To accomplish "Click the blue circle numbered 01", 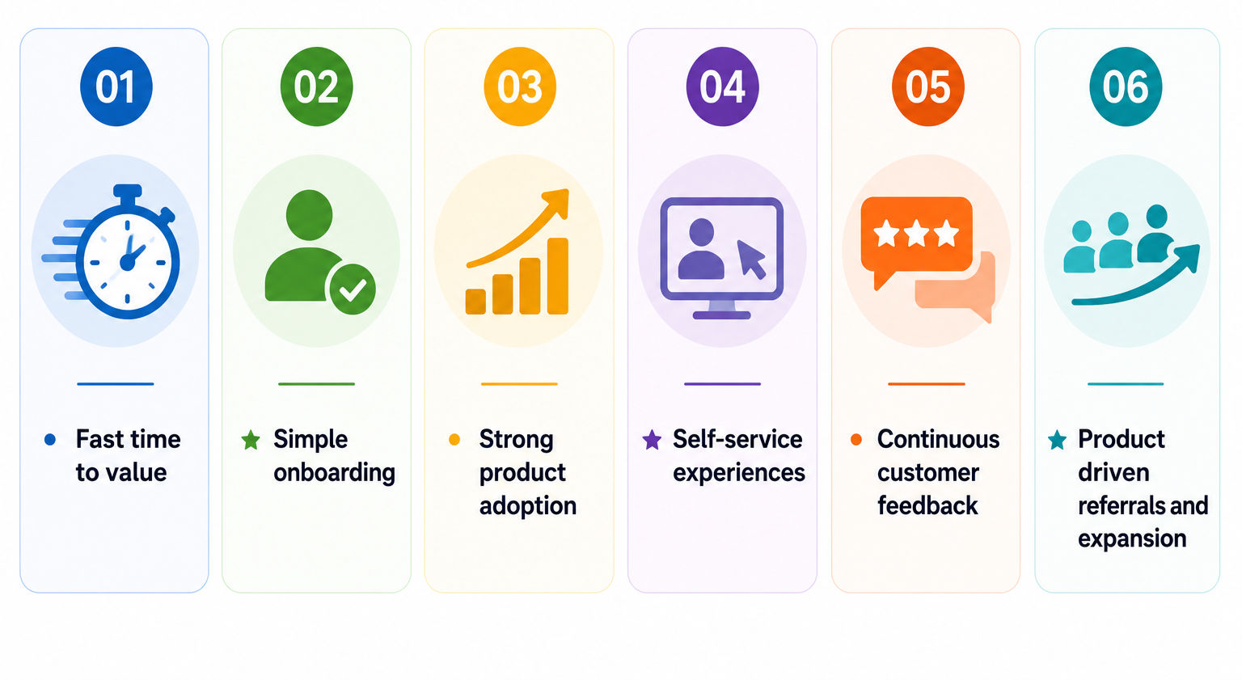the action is point(116,87).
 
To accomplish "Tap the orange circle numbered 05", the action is point(927,87).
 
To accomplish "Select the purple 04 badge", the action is point(722,87).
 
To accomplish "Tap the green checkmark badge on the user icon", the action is point(353,289).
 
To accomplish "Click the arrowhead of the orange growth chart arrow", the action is point(557,201).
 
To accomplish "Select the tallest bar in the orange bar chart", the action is point(558,277).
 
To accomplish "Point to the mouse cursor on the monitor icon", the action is point(751,259).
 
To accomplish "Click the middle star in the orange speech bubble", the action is point(916,233).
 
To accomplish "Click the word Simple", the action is point(310,439).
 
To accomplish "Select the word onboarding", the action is point(334,472).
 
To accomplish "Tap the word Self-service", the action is point(737,439).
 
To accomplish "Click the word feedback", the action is point(927,505).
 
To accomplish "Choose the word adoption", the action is point(528,506).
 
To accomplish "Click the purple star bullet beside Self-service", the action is point(652,440).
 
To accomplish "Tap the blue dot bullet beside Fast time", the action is point(50,440).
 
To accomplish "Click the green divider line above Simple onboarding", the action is point(317,384).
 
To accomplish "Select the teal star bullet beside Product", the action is point(1058,440).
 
